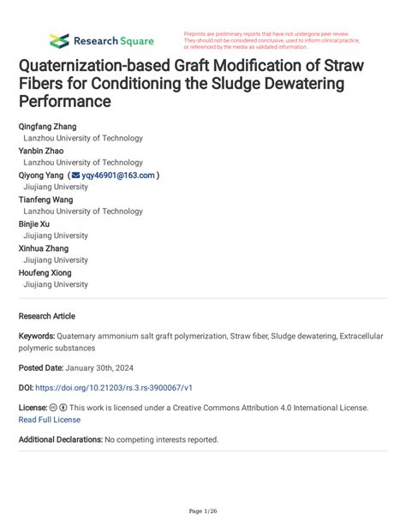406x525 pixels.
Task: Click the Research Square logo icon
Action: click(58, 40)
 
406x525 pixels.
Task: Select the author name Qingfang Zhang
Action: click(53, 126)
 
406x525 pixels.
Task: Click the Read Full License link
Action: click(50, 420)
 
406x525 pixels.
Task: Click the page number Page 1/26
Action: click(203, 511)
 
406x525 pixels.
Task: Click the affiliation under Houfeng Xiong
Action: click(56, 284)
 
